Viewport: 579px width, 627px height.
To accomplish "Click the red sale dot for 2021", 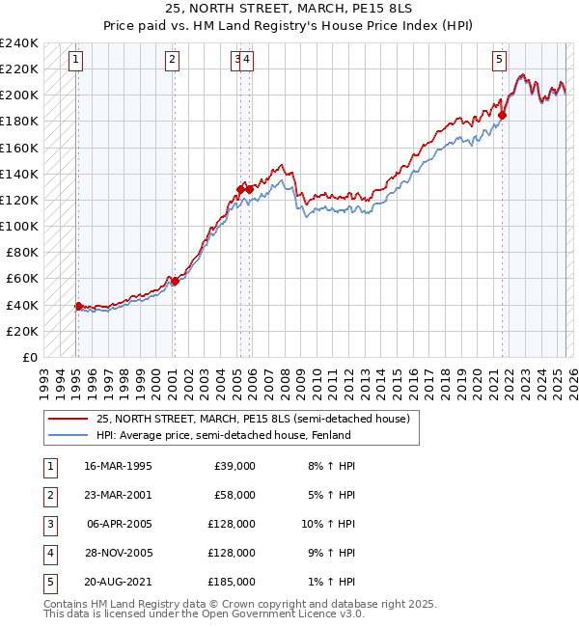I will (x=503, y=116).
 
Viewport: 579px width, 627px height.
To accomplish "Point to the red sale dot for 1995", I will (x=78, y=306).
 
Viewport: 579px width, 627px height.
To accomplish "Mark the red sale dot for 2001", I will (x=175, y=281).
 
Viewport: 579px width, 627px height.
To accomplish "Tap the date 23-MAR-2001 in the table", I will (x=119, y=495).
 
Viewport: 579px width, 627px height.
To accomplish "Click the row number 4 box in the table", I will (x=48, y=553).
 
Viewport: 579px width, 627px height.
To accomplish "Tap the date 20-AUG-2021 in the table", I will (x=119, y=582).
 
